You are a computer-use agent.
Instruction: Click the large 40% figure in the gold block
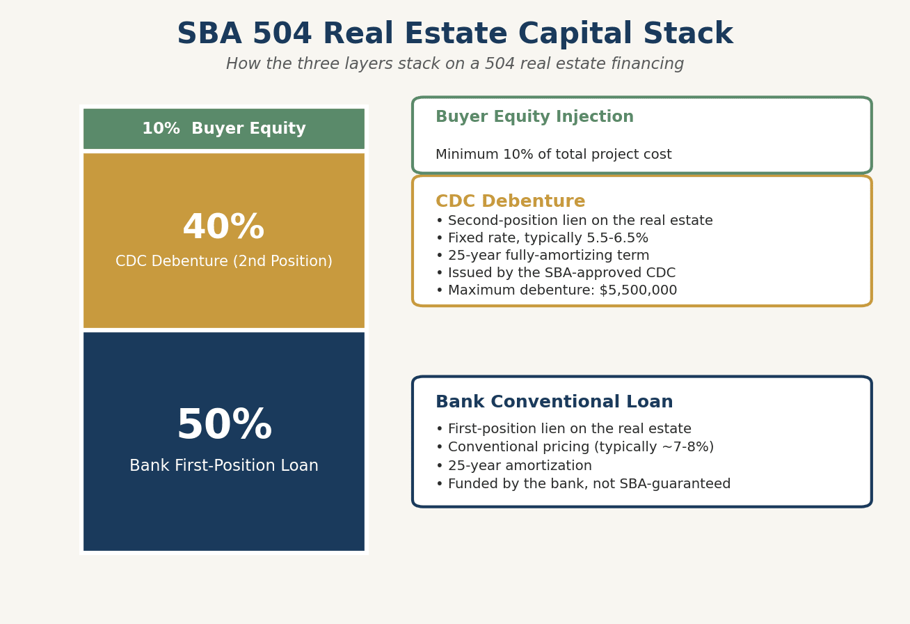[224, 227]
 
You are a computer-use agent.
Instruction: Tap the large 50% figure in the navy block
[224, 425]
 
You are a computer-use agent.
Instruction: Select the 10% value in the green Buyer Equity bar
[161, 129]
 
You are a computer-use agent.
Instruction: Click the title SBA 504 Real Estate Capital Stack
[455, 33]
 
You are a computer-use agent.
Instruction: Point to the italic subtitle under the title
[455, 64]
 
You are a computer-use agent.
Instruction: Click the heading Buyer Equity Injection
[534, 117]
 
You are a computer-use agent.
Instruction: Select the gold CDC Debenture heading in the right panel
[510, 201]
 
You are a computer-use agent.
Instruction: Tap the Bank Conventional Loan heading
[554, 402]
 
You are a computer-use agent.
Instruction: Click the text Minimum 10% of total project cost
[553, 155]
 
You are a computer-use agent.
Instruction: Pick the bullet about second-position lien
[575, 221]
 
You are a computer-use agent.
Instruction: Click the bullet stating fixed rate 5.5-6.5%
[542, 238]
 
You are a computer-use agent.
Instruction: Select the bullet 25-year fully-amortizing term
[543, 256]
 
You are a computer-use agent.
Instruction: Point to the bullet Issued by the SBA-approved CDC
[556, 273]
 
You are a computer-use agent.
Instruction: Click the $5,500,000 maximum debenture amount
[638, 290]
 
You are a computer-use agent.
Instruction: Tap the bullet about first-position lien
[564, 429]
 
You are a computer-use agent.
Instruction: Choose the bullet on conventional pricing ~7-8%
[575, 447]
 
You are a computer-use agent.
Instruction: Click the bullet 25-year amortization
[513, 466]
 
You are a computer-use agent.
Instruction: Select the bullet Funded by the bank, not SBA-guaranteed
[583, 484]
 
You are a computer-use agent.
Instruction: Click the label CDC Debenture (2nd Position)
[224, 261]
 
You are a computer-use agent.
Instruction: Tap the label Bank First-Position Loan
[224, 466]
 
